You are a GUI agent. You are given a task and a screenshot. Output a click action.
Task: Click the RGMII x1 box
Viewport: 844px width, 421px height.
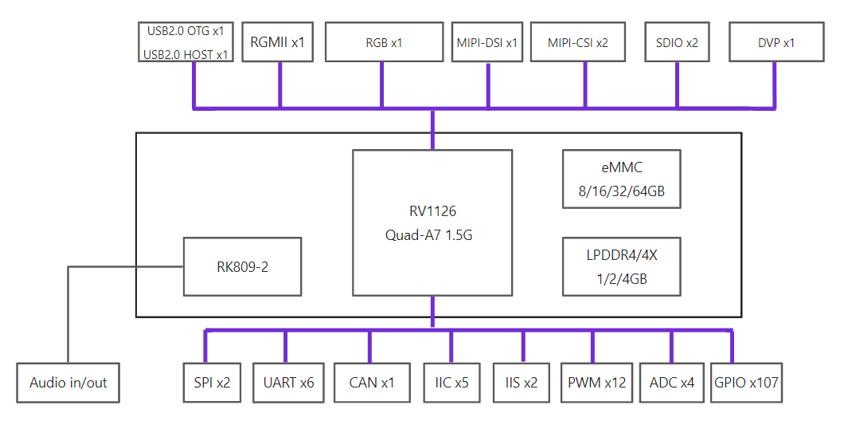(278, 42)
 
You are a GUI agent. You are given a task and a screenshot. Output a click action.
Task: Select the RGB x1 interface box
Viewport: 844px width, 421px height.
(384, 42)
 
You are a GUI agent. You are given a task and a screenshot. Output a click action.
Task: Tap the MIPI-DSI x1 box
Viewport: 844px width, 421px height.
(486, 42)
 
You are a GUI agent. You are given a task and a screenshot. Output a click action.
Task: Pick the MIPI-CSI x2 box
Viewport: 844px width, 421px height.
(578, 42)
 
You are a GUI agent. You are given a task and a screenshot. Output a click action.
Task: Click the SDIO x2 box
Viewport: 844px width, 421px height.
(678, 42)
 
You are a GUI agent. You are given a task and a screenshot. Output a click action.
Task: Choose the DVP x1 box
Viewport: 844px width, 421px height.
(776, 42)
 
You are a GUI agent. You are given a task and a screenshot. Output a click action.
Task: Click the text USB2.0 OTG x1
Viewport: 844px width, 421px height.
(186, 31)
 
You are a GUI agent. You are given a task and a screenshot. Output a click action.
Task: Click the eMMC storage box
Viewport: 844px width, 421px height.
(622, 179)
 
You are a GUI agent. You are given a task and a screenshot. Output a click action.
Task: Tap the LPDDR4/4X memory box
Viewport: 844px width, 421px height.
(622, 267)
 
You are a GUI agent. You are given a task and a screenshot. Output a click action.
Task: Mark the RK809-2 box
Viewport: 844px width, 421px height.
(243, 266)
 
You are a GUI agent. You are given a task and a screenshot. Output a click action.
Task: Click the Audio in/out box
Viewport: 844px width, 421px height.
(68, 383)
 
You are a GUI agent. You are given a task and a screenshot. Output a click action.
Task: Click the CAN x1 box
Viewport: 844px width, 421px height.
(372, 383)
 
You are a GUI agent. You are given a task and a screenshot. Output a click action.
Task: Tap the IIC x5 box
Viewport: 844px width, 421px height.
(451, 383)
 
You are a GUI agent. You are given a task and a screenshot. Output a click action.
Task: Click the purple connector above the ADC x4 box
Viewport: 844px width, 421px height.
(672, 346)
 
